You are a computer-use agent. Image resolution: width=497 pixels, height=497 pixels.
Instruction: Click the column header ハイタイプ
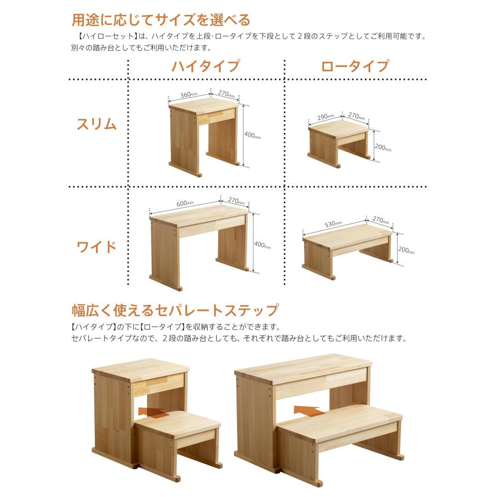click(x=206, y=66)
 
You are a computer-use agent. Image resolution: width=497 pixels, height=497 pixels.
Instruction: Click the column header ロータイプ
click(x=355, y=66)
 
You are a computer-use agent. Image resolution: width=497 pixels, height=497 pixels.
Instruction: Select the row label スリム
click(x=96, y=124)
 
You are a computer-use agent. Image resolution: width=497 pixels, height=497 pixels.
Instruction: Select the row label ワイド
click(x=96, y=247)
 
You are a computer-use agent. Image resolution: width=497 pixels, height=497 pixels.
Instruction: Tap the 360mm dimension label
click(x=187, y=94)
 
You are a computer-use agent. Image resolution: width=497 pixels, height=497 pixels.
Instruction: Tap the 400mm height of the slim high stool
click(x=252, y=135)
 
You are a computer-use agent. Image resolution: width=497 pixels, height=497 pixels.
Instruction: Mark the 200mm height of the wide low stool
click(x=406, y=250)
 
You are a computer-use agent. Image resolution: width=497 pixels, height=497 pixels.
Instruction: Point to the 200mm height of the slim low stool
click(x=383, y=148)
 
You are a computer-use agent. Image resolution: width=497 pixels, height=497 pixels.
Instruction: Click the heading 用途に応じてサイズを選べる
click(x=161, y=20)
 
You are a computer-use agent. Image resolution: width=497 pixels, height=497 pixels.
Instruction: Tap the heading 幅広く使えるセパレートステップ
click(x=175, y=311)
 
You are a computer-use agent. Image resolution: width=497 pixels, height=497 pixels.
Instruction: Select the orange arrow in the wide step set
click(x=306, y=411)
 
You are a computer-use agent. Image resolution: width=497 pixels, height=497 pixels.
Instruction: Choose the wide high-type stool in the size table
click(x=199, y=246)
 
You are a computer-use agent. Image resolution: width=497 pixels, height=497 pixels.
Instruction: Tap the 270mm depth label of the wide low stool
click(x=380, y=219)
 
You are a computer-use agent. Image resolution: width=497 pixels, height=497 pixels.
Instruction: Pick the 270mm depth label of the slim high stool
click(x=226, y=94)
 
